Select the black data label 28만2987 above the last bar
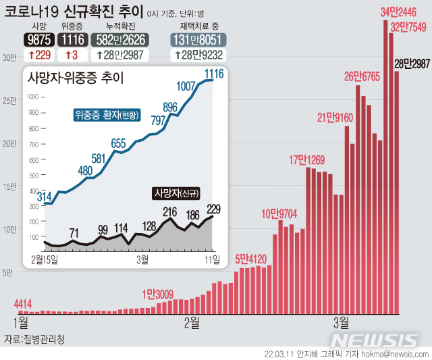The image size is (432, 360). click(412, 63)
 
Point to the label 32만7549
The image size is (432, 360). click(410, 27)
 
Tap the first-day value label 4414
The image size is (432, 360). click(23, 303)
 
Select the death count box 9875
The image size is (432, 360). click(38, 40)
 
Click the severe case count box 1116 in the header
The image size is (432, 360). click(72, 40)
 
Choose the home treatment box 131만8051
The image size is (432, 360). click(198, 40)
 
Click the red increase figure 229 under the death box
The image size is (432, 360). click(38, 55)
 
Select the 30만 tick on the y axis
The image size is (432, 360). click(9, 58)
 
